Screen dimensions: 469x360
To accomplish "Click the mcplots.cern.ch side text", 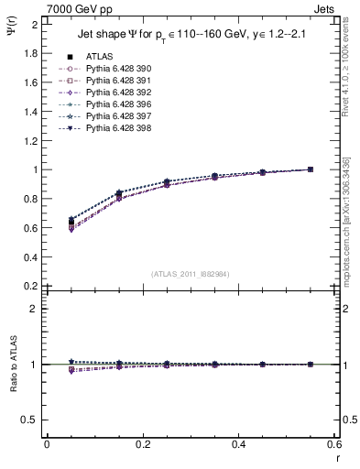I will click(x=352, y=210).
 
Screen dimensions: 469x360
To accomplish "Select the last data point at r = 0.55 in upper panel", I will click(x=311, y=169).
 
